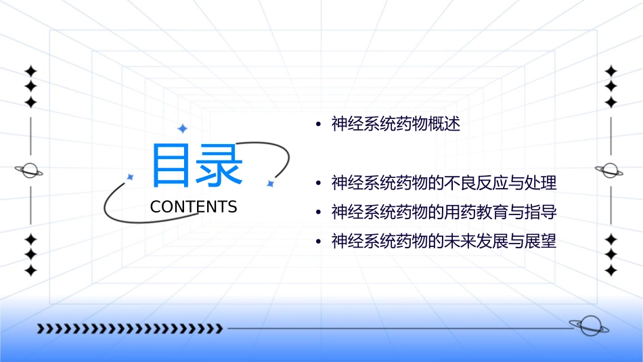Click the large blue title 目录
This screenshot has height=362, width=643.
pyautogui.click(x=197, y=165)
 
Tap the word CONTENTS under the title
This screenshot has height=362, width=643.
pyautogui.click(x=194, y=207)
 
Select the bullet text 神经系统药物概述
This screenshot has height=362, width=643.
pyautogui.click(x=396, y=125)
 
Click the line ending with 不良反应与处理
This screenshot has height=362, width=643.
pyautogui.click(x=443, y=183)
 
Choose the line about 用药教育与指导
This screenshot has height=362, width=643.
pyautogui.click(x=443, y=212)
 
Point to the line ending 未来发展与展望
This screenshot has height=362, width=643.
pyautogui.click(x=443, y=242)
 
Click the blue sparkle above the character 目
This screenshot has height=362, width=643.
pyautogui.click(x=181, y=128)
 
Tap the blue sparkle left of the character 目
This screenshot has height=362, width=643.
pyautogui.click(x=131, y=177)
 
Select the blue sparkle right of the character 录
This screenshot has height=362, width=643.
pyautogui.click(x=269, y=183)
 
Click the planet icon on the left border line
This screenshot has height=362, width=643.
pyautogui.click(x=29, y=171)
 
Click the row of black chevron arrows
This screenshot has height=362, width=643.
pyautogui.click(x=130, y=329)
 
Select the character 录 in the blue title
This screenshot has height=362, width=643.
pyautogui.click(x=221, y=165)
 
